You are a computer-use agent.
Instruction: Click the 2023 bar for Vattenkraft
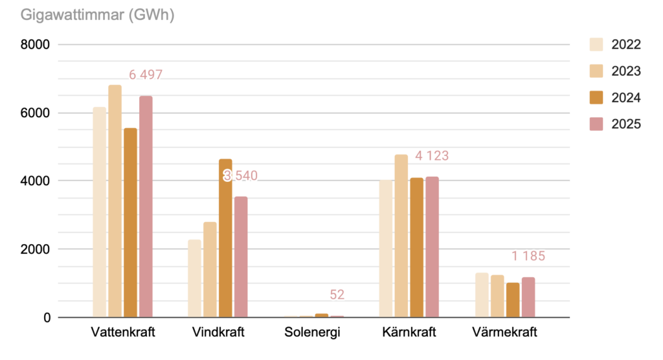[115, 201]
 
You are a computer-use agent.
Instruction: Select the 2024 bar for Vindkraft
[225, 238]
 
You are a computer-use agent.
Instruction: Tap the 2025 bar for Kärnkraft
[432, 247]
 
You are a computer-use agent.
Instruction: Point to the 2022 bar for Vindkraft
[194, 278]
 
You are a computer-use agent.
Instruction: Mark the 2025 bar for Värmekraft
[528, 297]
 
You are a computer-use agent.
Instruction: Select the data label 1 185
[528, 256]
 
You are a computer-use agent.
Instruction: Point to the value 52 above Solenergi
[337, 295]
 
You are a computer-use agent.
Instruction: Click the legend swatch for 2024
[596, 98]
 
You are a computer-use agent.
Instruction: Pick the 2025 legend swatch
[596, 124]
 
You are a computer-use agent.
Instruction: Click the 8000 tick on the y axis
[35, 45]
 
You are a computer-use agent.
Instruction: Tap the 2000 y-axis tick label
[35, 249]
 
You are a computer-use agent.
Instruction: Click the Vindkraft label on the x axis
[218, 333]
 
